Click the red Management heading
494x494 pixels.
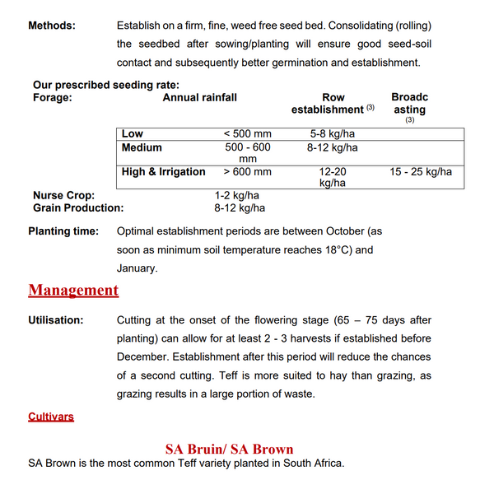coord(73,290)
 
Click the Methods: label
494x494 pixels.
coord(52,26)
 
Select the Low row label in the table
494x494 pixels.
coord(132,133)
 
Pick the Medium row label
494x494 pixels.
coord(142,147)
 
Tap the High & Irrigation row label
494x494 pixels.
coord(163,171)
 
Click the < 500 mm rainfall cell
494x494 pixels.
coord(247,133)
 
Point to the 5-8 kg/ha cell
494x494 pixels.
coord(332,133)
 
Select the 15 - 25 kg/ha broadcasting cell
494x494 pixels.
coord(420,171)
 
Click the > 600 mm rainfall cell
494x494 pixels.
coord(247,171)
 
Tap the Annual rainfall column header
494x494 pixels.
coord(199,97)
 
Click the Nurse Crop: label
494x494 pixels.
coord(63,195)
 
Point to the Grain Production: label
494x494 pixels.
coord(78,208)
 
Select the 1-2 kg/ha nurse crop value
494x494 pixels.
coord(237,195)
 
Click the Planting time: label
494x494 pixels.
coord(63,231)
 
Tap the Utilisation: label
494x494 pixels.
coord(56,319)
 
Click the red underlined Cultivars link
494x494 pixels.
coord(51,417)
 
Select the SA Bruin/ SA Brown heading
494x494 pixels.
coord(229,449)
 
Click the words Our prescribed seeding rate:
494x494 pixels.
coord(105,85)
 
